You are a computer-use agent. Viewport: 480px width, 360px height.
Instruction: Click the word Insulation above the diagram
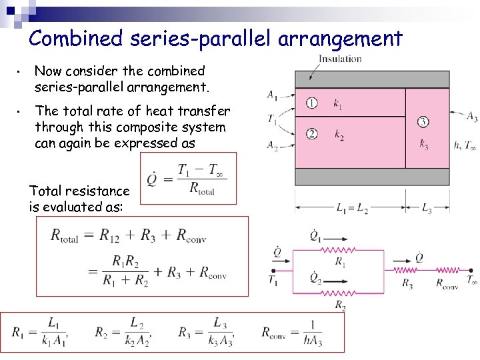340,59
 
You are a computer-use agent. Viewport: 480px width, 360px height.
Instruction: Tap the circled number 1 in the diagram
311,103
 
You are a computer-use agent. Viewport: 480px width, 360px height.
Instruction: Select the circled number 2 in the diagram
311,134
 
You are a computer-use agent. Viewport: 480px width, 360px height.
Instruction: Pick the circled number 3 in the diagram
423,121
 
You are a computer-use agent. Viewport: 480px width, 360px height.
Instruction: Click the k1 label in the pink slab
338,104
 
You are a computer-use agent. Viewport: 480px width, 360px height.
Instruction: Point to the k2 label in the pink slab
339,135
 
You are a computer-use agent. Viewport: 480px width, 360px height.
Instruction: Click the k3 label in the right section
424,143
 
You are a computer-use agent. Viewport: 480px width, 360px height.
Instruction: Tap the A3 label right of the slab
471,117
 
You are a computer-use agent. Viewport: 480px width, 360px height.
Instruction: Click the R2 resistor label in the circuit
340,305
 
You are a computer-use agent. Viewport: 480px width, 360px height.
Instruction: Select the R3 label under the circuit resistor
407,283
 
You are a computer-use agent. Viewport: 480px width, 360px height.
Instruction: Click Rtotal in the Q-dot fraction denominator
202,189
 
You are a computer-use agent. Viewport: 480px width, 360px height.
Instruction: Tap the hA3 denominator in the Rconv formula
311,342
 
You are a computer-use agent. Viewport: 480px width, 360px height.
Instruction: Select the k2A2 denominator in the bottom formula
137,342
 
